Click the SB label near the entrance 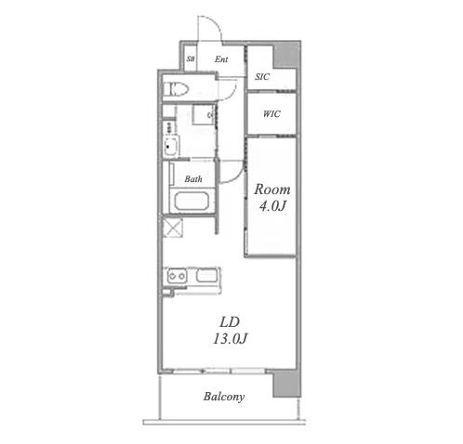tap(191, 59)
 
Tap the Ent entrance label tap(221, 59)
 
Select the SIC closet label tap(262, 76)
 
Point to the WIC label tap(271, 114)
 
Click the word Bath tap(193, 178)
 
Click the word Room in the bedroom tap(272, 189)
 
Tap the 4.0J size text tap(272, 206)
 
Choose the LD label tap(230, 322)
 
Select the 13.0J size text tap(230, 339)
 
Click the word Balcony tap(224, 397)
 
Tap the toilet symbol tap(176, 89)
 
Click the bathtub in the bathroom tap(192, 202)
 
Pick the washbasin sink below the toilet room tap(171, 146)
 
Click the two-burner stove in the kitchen tap(178, 276)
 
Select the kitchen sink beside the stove tap(206, 275)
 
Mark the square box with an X tap(173, 228)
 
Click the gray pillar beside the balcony tap(287, 385)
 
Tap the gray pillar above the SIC tap(286, 56)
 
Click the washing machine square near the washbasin tap(204, 114)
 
